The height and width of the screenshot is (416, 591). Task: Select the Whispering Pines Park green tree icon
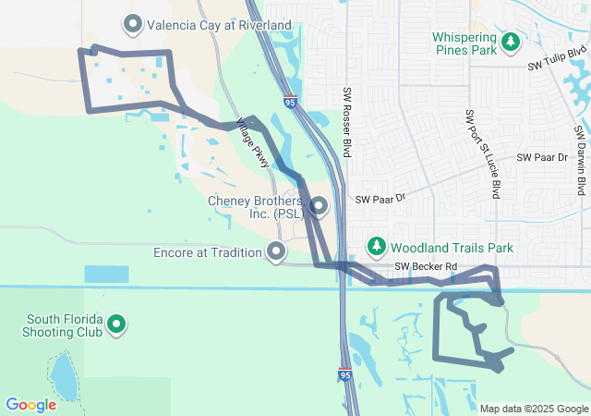coord(510,42)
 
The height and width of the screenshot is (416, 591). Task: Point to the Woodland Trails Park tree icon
coord(376,247)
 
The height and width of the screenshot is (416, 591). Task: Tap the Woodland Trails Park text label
coord(451,248)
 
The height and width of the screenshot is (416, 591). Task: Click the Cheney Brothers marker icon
coord(319,205)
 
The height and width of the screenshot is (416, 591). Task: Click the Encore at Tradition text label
coord(209,251)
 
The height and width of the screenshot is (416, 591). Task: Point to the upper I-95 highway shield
coord(291,103)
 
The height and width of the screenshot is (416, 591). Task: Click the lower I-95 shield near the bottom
coord(344,375)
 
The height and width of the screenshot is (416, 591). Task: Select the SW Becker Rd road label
coord(426,267)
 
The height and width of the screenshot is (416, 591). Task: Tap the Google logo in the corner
coord(30,405)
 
